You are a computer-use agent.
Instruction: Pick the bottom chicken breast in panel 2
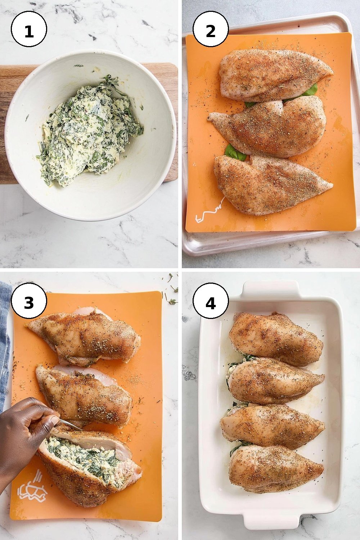[x=273, y=184]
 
